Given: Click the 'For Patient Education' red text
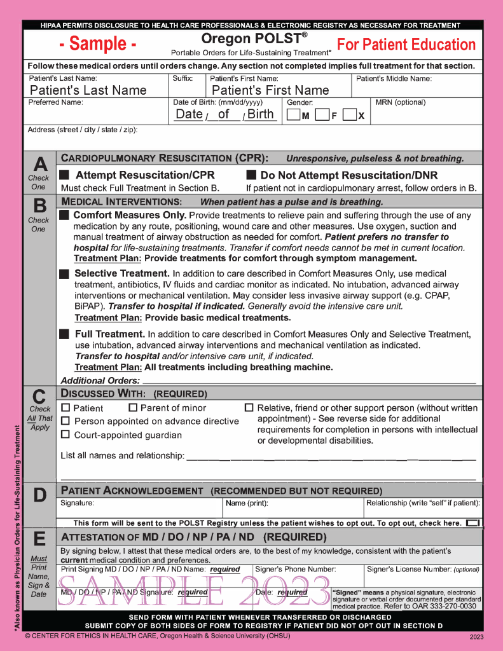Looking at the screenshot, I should tap(406, 45).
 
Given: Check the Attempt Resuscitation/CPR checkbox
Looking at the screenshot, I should tap(64, 175).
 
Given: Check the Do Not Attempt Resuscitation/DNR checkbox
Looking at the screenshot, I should tap(251, 175).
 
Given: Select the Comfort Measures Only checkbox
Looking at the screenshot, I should tap(64, 215).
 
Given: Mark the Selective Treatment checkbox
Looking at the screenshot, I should tap(64, 274).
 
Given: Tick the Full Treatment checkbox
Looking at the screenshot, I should tap(64, 334).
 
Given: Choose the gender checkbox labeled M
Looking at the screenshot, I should tap(293, 115).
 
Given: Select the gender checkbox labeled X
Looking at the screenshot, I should tap(349, 115).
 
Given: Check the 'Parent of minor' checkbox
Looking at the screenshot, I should tap(133, 408).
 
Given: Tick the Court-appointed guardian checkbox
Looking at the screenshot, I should tap(65, 434).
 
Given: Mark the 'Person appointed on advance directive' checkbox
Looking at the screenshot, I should tap(65, 421).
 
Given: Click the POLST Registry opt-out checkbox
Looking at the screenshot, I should tap(472, 523).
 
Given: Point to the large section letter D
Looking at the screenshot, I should tap(39, 495).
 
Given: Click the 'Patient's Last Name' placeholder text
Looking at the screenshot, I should tap(88, 90).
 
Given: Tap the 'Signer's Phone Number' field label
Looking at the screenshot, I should tap(295, 570).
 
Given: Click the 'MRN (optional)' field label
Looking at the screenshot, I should tap(401, 102).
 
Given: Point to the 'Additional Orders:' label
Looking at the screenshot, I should tap(100, 380).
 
